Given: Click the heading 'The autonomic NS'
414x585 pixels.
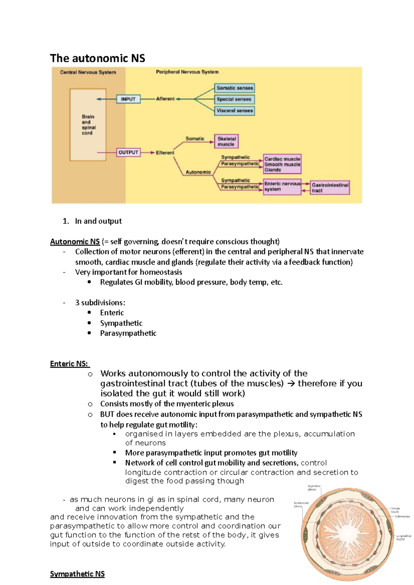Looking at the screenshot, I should click(98, 58).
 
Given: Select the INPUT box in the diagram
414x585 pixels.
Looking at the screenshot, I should click(128, 99).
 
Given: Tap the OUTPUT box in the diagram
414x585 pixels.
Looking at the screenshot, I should click(128, 152).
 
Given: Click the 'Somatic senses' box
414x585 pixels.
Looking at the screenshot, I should click(235, 88).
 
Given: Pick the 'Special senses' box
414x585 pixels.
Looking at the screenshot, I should click(234, 99).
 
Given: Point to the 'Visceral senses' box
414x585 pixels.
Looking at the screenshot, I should click(235, 111).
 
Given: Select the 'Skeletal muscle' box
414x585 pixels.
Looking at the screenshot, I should click(226, 141).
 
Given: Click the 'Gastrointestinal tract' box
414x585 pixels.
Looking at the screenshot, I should click(330, 188).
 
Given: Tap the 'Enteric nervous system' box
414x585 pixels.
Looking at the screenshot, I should click(282, 186).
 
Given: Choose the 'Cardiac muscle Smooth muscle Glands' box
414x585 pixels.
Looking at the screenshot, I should click(282, 164).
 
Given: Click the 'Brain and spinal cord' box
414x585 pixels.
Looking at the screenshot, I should click(88, 125).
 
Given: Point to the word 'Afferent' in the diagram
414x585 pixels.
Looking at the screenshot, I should click(165, 99).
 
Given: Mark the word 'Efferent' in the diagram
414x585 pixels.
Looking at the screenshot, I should click(165, 153).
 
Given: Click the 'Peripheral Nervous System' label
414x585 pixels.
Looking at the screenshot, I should click(187, 72).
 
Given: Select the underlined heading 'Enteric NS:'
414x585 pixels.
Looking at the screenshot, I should click(69, 364).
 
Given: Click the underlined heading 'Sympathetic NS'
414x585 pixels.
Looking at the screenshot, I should click(77, 574).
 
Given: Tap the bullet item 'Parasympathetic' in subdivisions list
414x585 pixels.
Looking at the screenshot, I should click(128, 333).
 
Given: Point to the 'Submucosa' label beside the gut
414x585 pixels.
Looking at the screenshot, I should click(402, 516).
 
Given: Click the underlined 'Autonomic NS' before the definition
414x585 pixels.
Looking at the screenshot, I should click(75, 242).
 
